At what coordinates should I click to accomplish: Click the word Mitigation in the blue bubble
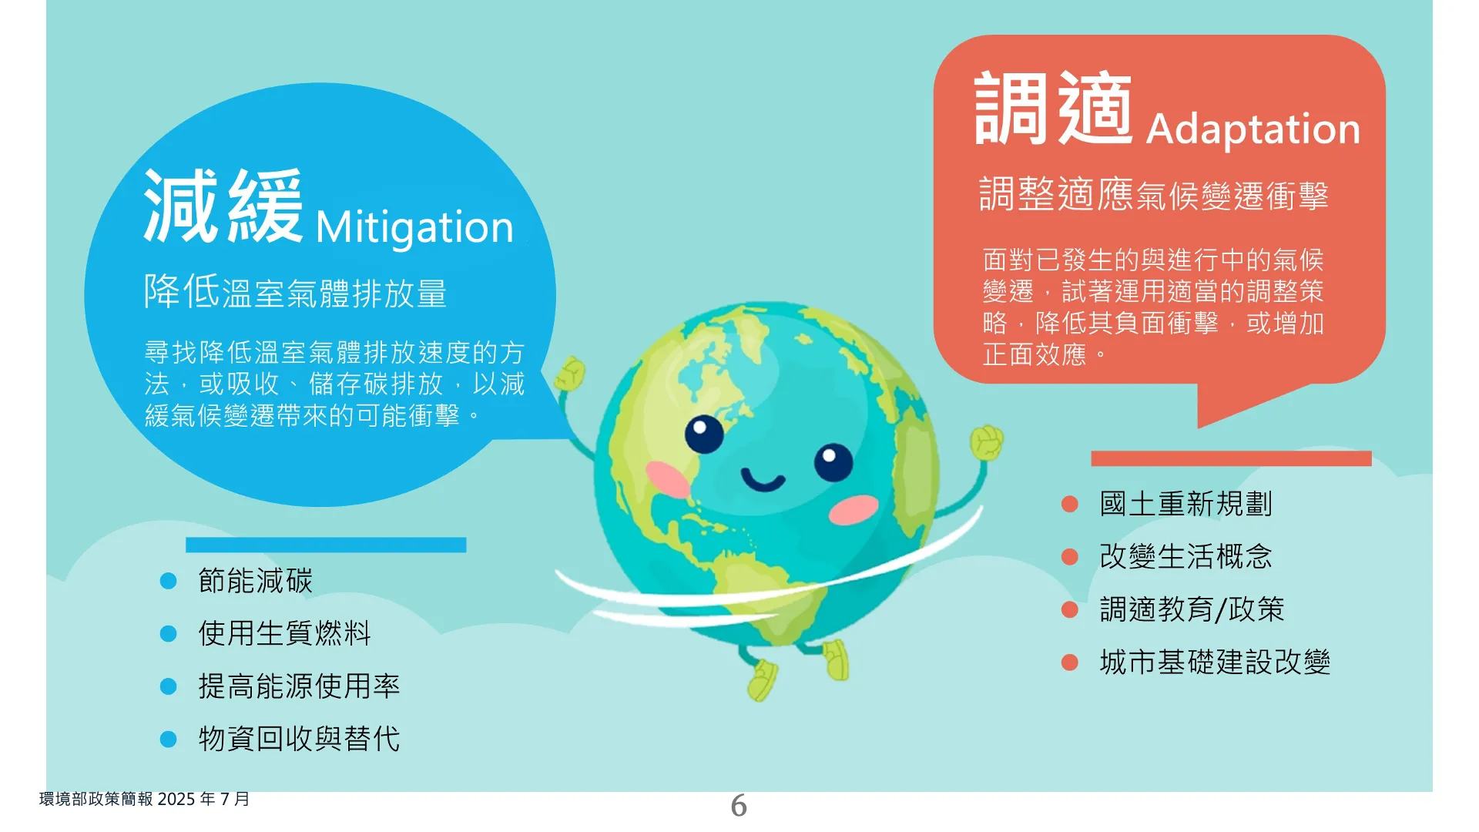click(414, 228)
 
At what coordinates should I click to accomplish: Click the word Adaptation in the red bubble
click(1253, 129)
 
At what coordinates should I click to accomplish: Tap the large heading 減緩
click(223, 206)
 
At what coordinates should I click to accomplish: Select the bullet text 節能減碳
click(256, 581)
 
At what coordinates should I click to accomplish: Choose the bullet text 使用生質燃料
click(285, 633)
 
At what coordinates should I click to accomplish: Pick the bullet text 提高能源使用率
click(299, 686)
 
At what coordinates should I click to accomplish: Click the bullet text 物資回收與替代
click(299, 739)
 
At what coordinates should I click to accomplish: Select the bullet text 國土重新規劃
click(1186, 504)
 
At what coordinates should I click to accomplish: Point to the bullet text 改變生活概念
click(1186, 556)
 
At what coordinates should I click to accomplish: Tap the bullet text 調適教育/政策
click(1192, 609)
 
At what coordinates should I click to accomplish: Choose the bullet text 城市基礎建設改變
click(1215, 662)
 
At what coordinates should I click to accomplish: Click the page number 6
click(739, 806)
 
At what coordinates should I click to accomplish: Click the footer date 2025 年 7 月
click(203, 799)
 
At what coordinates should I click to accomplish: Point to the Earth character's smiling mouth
click(763, 481)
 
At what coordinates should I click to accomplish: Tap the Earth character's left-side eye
click(704, 434)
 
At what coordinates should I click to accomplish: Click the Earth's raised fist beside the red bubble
click(986, 442)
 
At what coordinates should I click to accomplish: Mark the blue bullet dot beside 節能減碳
click(168, 581)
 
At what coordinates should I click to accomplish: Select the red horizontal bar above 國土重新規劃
click(1231, 458)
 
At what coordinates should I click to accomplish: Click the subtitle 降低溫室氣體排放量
click(295, 293)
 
